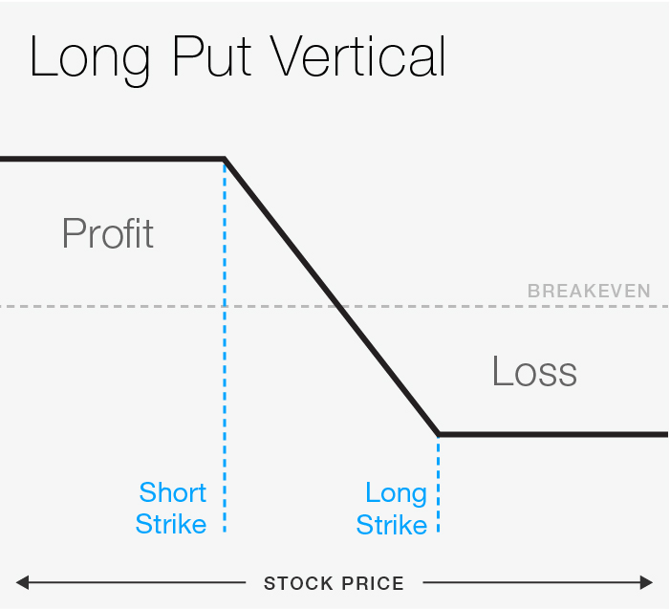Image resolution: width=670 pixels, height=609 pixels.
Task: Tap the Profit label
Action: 107,233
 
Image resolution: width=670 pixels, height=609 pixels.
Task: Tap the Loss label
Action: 534,371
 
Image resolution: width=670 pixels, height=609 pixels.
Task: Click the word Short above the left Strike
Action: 172,493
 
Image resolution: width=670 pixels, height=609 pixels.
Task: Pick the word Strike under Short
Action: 170,524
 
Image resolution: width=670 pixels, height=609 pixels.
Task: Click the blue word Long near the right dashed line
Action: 395,493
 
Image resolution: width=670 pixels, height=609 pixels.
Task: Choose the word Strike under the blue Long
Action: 391,525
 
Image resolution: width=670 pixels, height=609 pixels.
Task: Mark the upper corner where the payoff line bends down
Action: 225,159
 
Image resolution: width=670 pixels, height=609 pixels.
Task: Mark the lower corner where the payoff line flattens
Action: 439,435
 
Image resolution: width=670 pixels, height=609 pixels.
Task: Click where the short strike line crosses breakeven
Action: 225,307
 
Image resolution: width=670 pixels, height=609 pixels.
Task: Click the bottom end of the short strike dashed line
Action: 225,531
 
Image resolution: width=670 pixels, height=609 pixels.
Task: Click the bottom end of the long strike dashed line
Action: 439,531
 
